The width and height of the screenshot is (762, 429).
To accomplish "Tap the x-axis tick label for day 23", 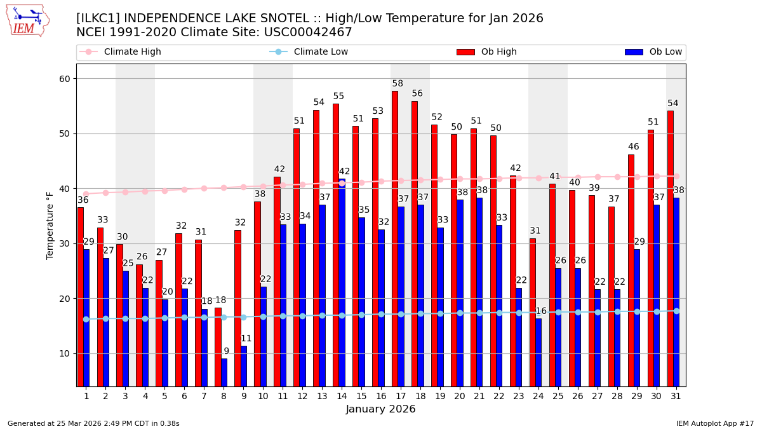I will point(519,396).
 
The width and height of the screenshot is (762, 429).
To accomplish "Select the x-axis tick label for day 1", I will point(86,396).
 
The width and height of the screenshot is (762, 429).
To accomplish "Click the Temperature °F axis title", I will point(50,225).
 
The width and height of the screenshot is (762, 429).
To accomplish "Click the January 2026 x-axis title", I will point(380,409).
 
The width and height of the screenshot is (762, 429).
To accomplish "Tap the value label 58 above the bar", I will point(398,84).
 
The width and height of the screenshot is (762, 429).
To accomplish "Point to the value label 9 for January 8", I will point(226,351).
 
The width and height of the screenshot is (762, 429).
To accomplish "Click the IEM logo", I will point(27,20).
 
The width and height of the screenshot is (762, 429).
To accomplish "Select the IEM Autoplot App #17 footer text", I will point(714,423).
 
